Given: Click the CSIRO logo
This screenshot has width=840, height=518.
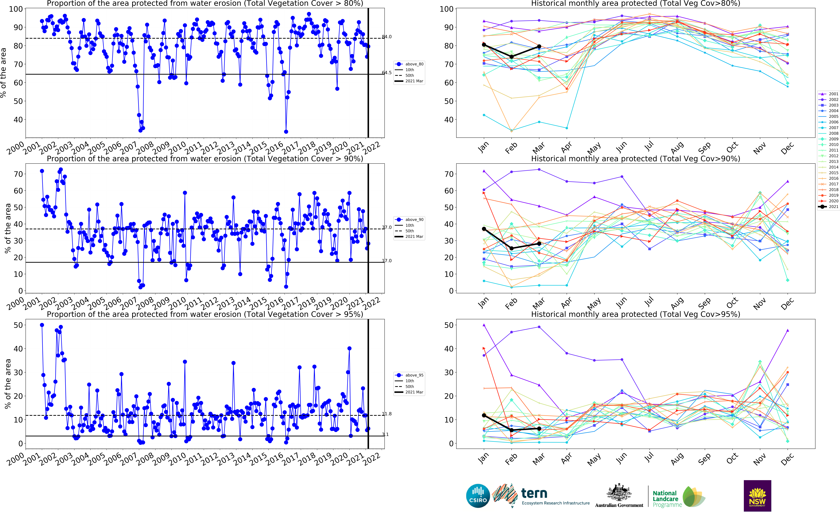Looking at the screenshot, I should coord(478,496).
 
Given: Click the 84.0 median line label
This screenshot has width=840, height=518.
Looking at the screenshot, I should coord(387,37).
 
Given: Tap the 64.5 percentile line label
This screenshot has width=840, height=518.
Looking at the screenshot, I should coord(387,73).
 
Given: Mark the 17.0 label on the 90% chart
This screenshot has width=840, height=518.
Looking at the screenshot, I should coord(387,261).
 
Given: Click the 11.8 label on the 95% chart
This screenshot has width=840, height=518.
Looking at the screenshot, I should coord(387,414).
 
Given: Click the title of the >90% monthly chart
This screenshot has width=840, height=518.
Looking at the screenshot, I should coord(635,159).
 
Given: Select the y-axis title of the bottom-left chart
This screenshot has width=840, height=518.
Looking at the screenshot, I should coord(8,384).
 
